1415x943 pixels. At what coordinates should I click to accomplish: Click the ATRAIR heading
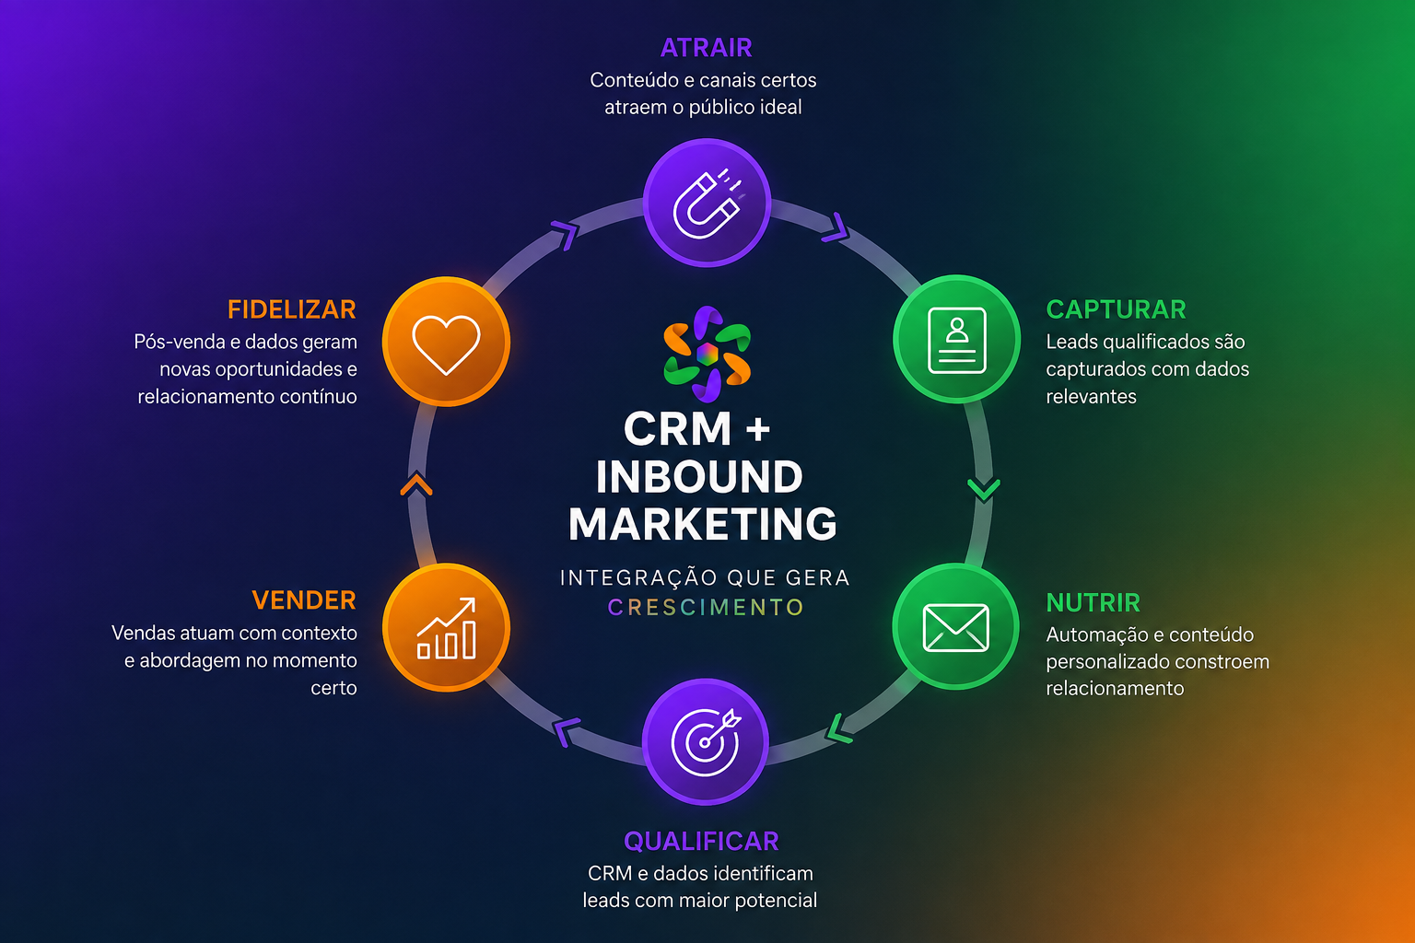pyautogui.click(x=706, y=48)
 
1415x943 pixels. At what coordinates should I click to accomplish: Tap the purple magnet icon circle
pyautogui.click(x=707, y=203)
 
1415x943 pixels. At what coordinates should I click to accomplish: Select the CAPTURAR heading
pyautogui.click(x=1116, y=309)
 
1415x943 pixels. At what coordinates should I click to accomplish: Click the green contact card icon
pyautogui.click(x=956, y=340)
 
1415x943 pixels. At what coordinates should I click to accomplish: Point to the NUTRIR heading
pyautogui.click(x=1093, y=602)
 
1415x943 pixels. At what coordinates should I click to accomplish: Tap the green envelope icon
pyautogui.click(x=955, y=627)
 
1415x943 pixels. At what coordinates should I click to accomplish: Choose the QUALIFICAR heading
pyautogui.click(x=701, y=842)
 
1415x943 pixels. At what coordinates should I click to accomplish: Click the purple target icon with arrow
pyautogui.click(x=706, y=742)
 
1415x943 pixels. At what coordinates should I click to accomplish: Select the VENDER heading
pyautogui.click(x=304, y=600)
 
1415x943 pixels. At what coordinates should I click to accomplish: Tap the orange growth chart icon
pyautogui.click(x=446, y=628)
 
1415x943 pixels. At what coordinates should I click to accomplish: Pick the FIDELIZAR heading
pyautogui.click(x=292, y=309)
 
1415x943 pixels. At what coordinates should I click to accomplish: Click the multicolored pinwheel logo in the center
pyautogui.click(x=707, y=355)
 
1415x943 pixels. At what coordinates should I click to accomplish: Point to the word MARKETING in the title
pyautogui.click(x=703, y=524)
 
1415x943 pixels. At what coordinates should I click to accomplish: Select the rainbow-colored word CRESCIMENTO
pyautogui.click(x=706, y=607)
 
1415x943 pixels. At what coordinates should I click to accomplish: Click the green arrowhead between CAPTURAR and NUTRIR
pyautogui.click(x=984, y=489)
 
